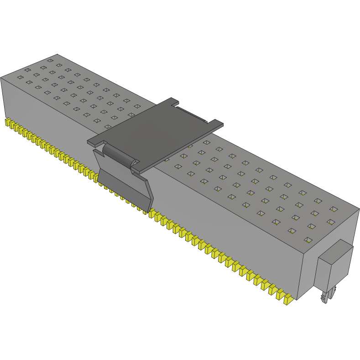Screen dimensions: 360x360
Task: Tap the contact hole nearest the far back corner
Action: tap(51, 60)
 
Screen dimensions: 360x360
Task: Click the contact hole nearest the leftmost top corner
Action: tap(20, 78)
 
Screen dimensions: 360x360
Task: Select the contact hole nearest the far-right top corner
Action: tap(334, 209)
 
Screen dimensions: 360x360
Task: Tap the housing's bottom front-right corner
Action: tap(297, 299)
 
